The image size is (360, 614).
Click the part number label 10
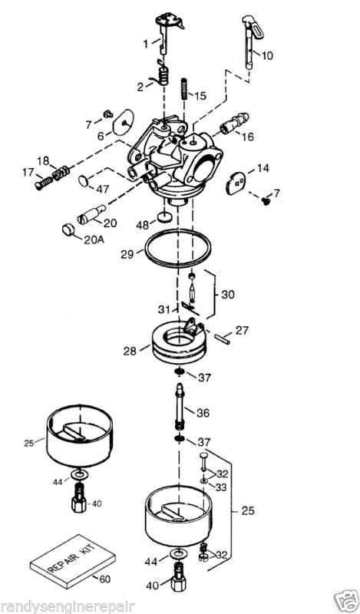pyautogui.click(x=267, y=55)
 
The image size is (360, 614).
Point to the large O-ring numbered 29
pyautogui.click(x=177, y=249)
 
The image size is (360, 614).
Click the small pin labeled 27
pyautogui.click(x=222, y=337)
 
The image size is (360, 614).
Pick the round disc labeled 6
pyautogui.click(x=123, y=122)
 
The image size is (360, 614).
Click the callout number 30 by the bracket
pyautogui.click(x=228, y=295)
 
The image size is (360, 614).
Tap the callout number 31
pyautogui.click(x=164, y=309)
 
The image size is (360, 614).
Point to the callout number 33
pyautogui.click(x=221, y=487)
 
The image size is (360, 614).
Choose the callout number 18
pyautogui.click(x=44, y=161)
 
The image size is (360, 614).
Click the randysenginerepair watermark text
pyautogui.click(x=68, y=607)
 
